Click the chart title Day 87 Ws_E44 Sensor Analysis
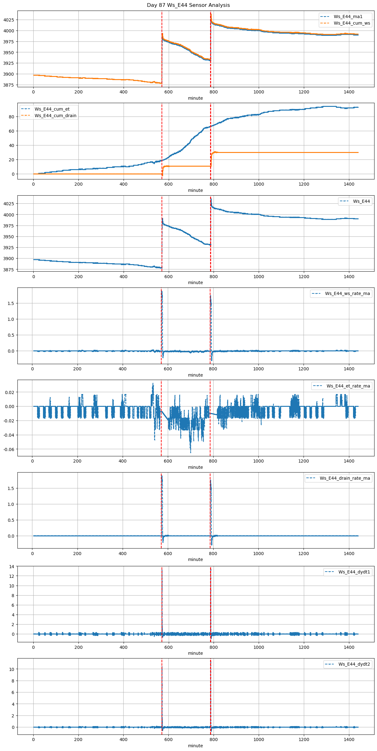click(x=188, y=5)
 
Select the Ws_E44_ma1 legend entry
click(x=348, y=17)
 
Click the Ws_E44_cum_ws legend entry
click(x=352, y=23)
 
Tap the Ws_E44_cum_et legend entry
click(x=52, y=109)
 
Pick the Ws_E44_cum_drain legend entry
click(x=55, y=116)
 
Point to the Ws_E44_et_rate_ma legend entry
click(x=348, y=386)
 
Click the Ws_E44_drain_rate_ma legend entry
click(x=345, y=478)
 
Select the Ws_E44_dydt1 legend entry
click(x=354, y=572)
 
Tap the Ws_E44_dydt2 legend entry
click(x=354, y=664)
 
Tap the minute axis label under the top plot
click(x=195, y=98)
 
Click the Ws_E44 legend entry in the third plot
click(x=361, y=201)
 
